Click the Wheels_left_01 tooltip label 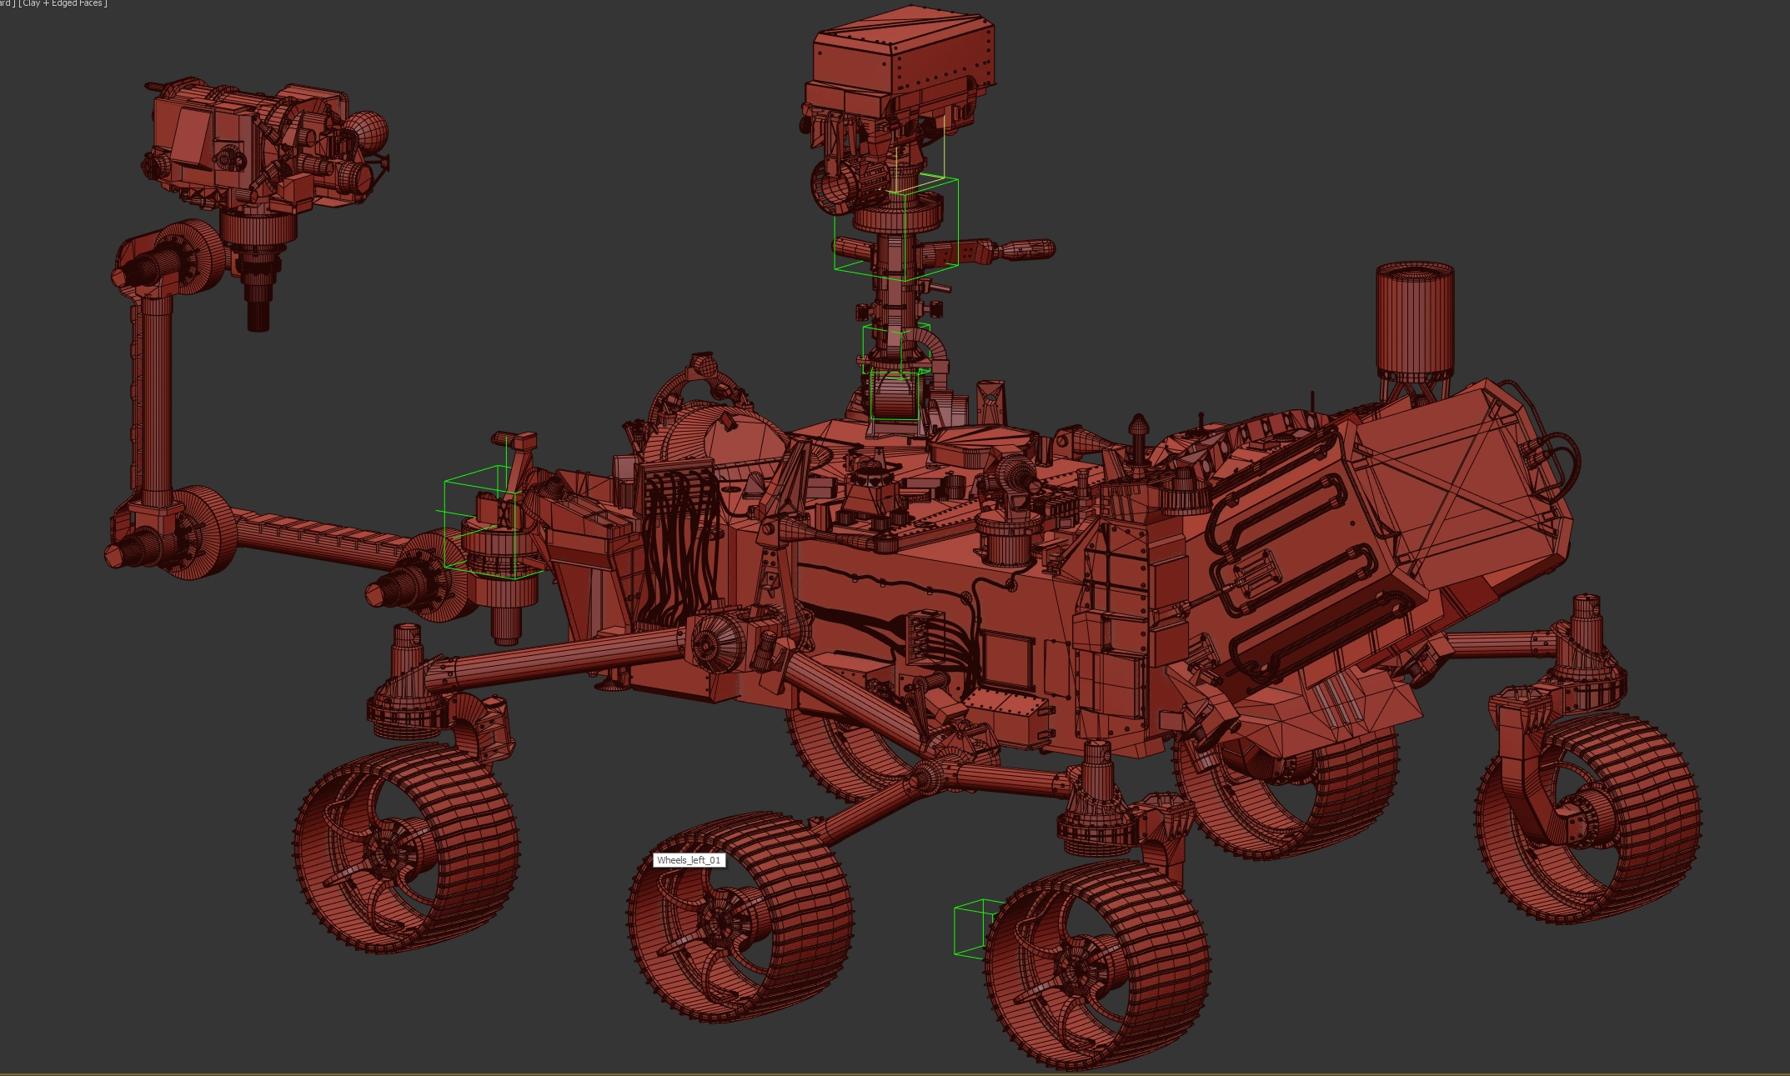point(689,860)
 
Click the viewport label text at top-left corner point(53,4)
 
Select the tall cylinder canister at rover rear point(1415,321)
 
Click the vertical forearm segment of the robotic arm point(152,392)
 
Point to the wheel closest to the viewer point(1096,967)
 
